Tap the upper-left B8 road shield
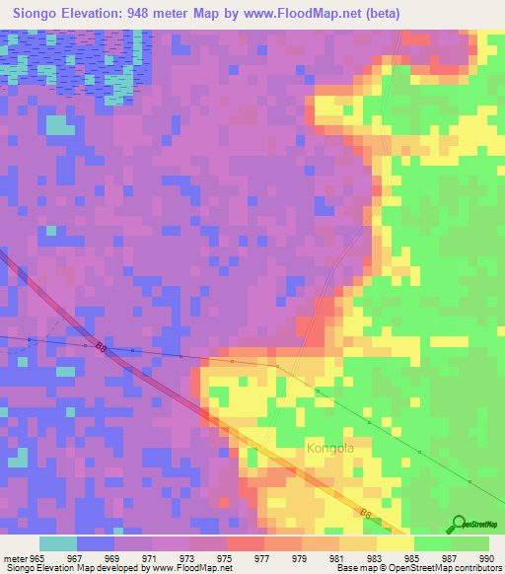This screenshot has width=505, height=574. click(x=102, y=346)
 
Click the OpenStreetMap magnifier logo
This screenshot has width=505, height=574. click(x=459, y=524)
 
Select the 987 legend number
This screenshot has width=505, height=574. click(x=447, y=558)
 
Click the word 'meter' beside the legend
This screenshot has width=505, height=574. click(x=15, y=558)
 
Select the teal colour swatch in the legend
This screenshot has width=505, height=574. click(x=57, y=543)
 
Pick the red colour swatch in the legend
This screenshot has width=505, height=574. click(x=244, y=543)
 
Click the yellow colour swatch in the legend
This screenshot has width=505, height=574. click(x=395, y=543)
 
